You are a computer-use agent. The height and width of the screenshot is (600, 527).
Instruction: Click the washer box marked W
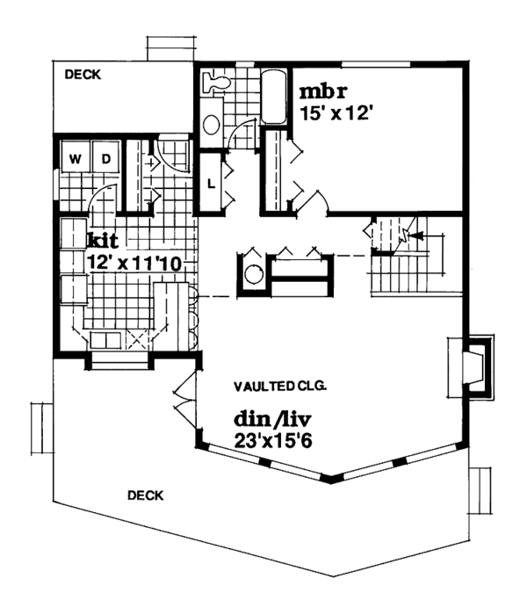pyautogui.click(x=76, y=159)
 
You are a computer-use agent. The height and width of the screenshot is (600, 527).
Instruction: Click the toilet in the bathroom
pyautogui.click(x=216, y=84)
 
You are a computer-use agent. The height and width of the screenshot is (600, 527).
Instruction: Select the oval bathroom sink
pyautogui.click(x=212, y=125)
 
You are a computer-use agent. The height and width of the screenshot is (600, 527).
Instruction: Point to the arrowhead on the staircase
pyautogui.click(x=415, y=235)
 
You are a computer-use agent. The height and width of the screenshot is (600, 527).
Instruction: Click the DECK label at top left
pyautogui.click(x=83, y=76)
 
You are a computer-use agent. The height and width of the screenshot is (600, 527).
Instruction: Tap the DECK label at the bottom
pyautogui.click(x=147, y=495)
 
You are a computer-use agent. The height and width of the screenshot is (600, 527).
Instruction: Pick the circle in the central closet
pyautogui.click(x=254, y=274)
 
